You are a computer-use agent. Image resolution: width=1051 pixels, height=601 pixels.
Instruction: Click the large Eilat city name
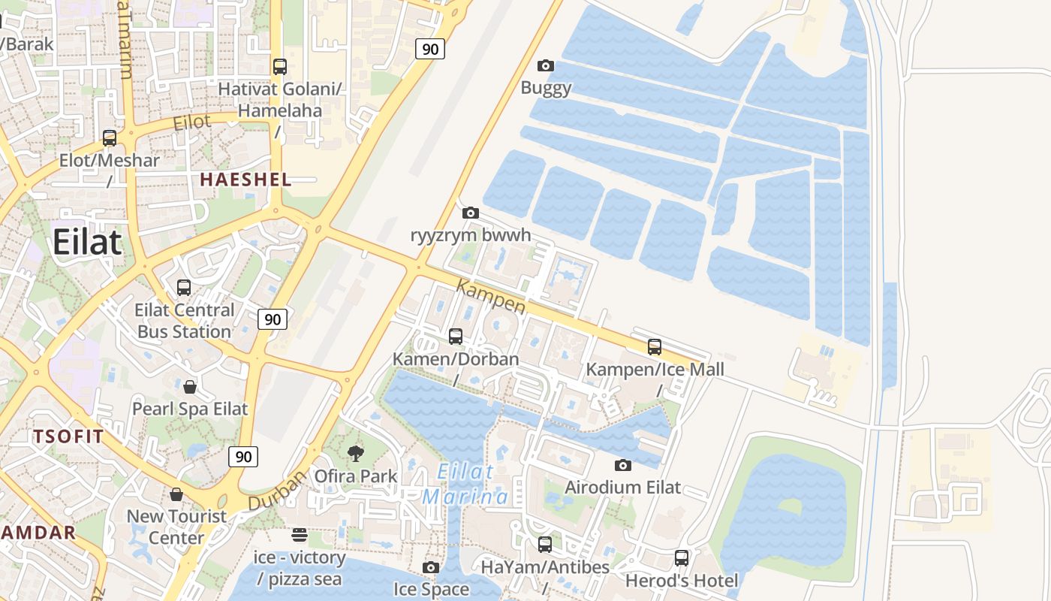click(87, 243)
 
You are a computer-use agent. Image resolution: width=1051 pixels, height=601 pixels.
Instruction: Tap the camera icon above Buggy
click(547, 66)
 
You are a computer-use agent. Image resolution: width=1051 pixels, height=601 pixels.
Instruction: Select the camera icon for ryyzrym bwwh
click(471, 213)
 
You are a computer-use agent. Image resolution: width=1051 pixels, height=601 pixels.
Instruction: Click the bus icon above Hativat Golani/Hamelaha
click(280, 67)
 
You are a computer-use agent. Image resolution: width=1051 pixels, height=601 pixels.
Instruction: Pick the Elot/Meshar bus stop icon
click(110, 138)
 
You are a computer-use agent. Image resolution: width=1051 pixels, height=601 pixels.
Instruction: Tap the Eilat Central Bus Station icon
click(184, 288)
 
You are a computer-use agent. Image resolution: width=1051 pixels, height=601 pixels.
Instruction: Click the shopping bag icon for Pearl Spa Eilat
click(190, 387)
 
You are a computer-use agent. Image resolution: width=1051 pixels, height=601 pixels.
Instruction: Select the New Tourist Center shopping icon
click(176, 494)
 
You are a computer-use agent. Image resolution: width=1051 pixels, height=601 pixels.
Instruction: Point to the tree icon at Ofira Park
click(356, 453)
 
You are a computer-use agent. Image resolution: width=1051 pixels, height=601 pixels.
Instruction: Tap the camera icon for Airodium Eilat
click(623, 466)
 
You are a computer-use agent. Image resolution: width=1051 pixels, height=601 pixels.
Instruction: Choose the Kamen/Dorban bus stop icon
click(456, 337)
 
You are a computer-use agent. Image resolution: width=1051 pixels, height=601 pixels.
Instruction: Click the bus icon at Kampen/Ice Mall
click(655, 347)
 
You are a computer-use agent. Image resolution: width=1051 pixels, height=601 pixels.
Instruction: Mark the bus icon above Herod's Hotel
click(682, 558)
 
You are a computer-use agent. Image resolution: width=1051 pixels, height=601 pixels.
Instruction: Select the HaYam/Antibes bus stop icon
click(545, 545)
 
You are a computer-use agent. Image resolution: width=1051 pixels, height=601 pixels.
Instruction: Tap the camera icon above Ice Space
click(431, 567)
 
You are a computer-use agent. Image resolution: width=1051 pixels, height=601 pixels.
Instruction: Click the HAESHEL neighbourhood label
click(245, 180)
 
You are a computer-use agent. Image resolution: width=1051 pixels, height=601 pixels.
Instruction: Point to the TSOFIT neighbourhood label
click(68, 436)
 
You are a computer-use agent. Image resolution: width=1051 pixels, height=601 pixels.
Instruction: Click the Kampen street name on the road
click(491, 297)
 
